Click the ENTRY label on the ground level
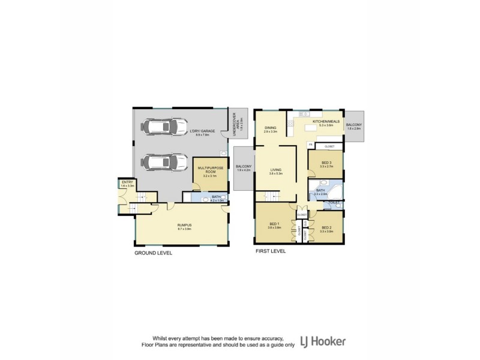pos(127,182)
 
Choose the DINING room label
pos(271,128)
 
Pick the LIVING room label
pos(276,170)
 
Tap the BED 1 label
pos(274,226)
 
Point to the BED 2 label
pos(327,228)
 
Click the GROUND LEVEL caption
pos(153,253)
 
